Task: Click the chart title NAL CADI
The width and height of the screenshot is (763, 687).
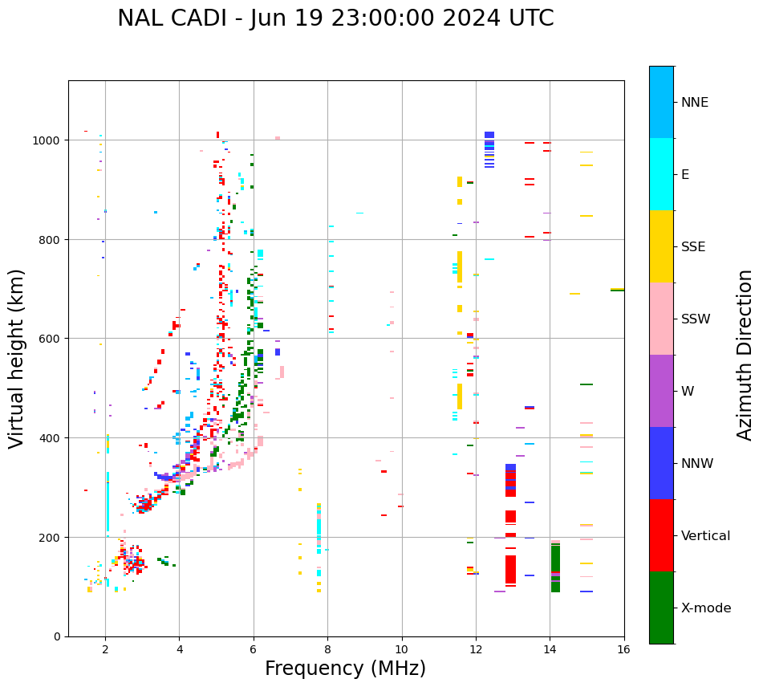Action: pyautogui.click(x=335, y=18)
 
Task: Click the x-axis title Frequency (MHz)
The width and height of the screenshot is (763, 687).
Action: pyautogui.click(x=345, y=669)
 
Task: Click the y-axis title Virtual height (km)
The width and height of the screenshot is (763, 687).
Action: pyautogui.click(x=17, y=359)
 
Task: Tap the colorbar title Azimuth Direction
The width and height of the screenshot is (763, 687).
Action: pyautogui.click(x=745, y=355)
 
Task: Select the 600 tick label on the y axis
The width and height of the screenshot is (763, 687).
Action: pyautogui.click(x=51, y=339)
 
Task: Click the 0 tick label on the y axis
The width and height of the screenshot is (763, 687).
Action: pyautogui.click(x=56, y=636)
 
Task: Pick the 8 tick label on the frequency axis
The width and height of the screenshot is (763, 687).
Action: pyautogui.click(x=327, y=650)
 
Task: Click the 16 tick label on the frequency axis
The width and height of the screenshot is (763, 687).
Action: pyautogui.click(x=623, y=650)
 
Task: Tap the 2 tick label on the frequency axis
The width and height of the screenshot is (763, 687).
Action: pyautogui.click(x=105, y=650)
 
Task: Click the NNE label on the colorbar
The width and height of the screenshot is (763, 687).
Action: pyautogui.click(x=695, y=103)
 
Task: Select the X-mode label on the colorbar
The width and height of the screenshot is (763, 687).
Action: pyautogui.click(x=706, y=608)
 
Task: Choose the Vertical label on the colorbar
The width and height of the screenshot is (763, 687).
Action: pyautogui.click(x=705, y=536)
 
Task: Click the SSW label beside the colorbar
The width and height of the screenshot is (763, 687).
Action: pyautogui.click(x=696, y=319)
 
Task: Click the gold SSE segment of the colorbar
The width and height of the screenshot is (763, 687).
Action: pyautogui.click(x=661, y=246)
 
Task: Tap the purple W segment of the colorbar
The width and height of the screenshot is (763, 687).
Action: pyautogui.click(x=661, y=391)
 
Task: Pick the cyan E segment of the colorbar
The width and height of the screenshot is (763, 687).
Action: pyautogui.click(x=661, y=174)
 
